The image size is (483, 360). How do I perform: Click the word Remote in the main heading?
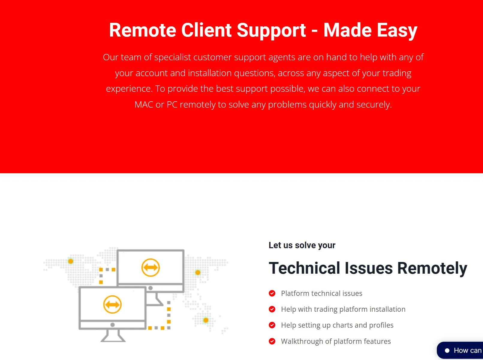(143, 30)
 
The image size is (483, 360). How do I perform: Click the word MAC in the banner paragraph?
(144, 104)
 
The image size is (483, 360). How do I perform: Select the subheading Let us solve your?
(302, 245)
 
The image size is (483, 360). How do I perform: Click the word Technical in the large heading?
(305, 268)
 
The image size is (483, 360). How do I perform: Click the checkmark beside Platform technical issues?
(272, 293)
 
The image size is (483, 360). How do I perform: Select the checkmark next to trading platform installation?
(272, 309)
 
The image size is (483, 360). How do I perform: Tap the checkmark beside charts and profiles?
(272, 325)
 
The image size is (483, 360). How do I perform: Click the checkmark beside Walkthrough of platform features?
(272, 341)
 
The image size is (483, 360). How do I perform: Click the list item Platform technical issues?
(322, 293)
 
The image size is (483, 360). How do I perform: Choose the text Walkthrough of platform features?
(336, 341)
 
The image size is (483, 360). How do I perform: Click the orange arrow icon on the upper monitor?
(151, 268)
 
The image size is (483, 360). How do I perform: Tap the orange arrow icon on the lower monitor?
(112, 305)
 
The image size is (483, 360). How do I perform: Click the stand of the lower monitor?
(113, 336)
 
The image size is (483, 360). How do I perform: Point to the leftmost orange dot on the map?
(71, 261)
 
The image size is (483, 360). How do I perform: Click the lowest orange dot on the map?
(206, 320)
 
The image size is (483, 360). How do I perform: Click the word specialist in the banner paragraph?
(172, 57)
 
